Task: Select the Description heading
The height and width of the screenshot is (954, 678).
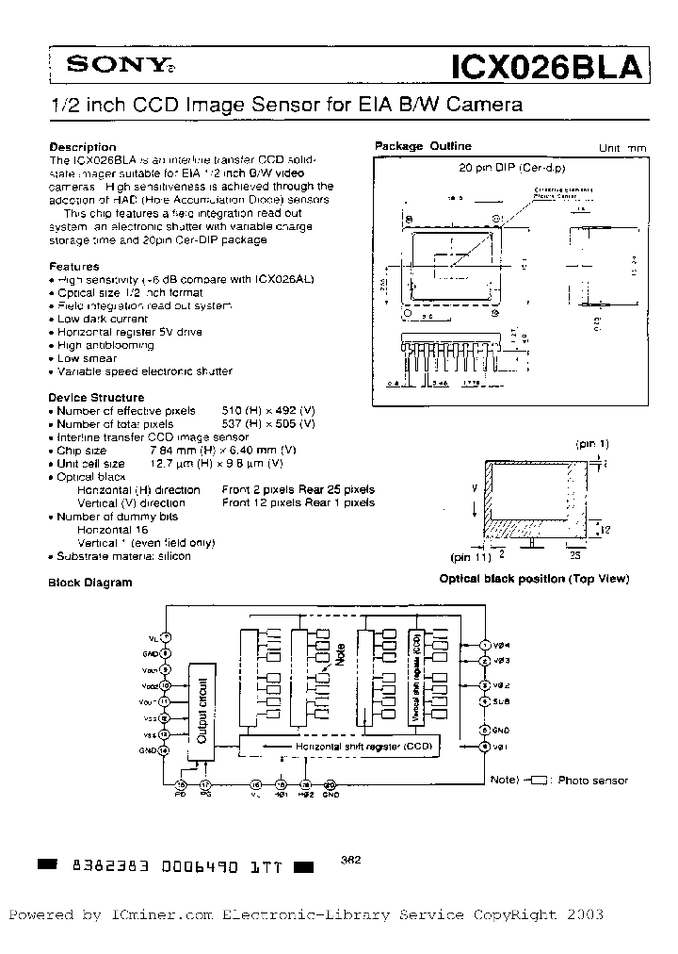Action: point(82,147)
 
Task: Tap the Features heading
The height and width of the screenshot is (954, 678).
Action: point(73,267)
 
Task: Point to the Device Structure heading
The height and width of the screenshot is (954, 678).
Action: point(96,398)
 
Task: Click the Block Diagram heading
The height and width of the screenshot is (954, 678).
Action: point(90,583)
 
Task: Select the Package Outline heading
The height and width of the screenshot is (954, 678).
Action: point(423,146)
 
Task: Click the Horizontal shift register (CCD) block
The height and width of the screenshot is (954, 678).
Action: point(344,747)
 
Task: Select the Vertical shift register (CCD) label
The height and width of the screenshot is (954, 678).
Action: point(415,678)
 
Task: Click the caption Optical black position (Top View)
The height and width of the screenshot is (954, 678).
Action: point(534,579)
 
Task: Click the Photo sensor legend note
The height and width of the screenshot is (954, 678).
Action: point(592,780)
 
